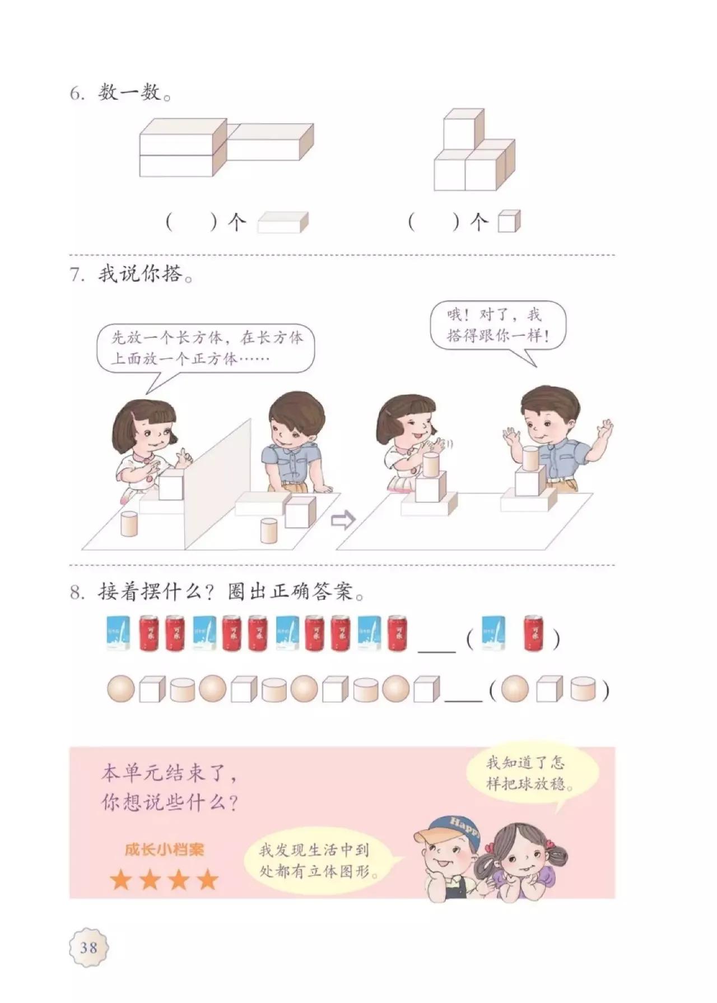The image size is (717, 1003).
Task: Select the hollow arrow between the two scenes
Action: (x=343, y=520)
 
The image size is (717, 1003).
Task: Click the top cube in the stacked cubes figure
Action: (x=463, y=129)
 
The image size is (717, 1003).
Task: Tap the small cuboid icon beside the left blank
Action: (x=282, y=222)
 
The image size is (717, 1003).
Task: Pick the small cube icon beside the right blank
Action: (x=509, y=221)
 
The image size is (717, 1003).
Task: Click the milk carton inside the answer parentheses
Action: (x=493, y=633)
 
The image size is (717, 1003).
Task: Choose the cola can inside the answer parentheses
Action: (x=535, y=633)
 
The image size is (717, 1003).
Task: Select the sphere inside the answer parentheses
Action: (x=515, y=688)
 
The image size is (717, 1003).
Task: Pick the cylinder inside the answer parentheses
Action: (x=583, y=689)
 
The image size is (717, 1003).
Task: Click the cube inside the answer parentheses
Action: (x=549, y=689)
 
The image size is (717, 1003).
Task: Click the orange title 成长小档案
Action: (x=164, y=850)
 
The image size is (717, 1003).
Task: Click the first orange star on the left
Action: (x=120, y=880)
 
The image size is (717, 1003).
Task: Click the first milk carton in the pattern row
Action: (x=118, y=633)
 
